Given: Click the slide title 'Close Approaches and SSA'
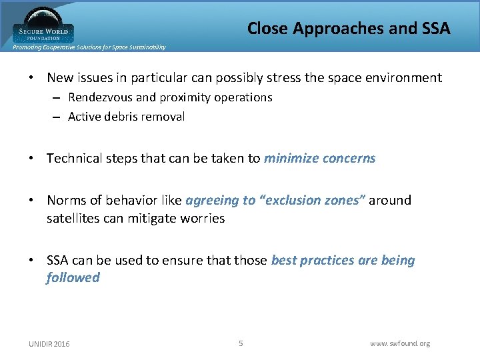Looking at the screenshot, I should pyautogui.click(x=349, y=28).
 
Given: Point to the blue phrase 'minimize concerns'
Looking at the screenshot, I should pyautogui.click(x=319, y=159).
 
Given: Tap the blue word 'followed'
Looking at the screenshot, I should pyautogui.click(x=73, y=277).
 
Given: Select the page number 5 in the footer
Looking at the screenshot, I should pyautogui.click(x=241, y=343).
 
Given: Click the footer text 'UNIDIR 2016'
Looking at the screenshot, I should pyautogui.click(x=49, y=343).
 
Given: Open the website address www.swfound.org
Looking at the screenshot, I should pyautogui.click(x=400, y=343).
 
